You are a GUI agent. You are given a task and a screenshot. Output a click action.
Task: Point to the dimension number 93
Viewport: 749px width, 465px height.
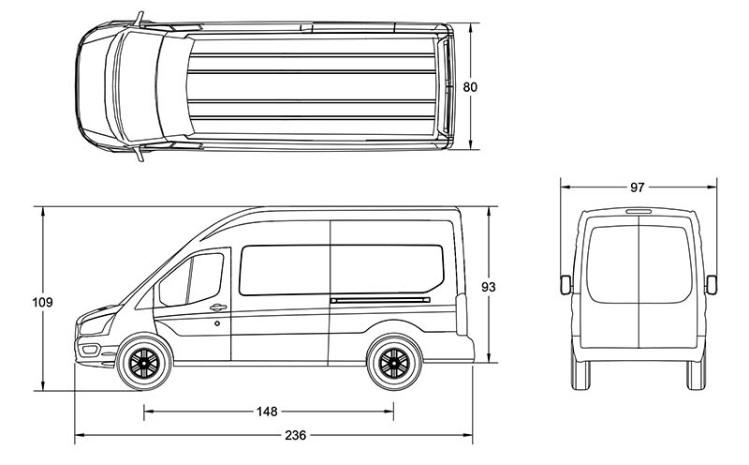point(489,285)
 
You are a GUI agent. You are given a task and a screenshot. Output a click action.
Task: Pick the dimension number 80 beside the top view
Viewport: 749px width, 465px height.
point(470,87)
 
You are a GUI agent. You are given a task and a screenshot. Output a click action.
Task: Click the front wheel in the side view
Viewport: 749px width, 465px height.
point(143,363)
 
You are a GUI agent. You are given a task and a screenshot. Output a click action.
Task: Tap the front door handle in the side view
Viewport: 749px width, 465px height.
point(218,307)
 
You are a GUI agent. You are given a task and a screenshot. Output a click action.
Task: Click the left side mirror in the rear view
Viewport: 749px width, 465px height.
point(565,284)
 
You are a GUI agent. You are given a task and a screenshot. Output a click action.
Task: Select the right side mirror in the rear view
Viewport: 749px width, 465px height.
point(712,284)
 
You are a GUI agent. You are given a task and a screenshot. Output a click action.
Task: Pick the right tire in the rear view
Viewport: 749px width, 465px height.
point(696,373)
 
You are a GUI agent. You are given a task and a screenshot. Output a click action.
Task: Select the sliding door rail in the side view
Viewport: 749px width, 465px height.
point(379,300)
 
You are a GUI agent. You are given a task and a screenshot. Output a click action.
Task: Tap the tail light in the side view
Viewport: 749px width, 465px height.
point(463,314)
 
